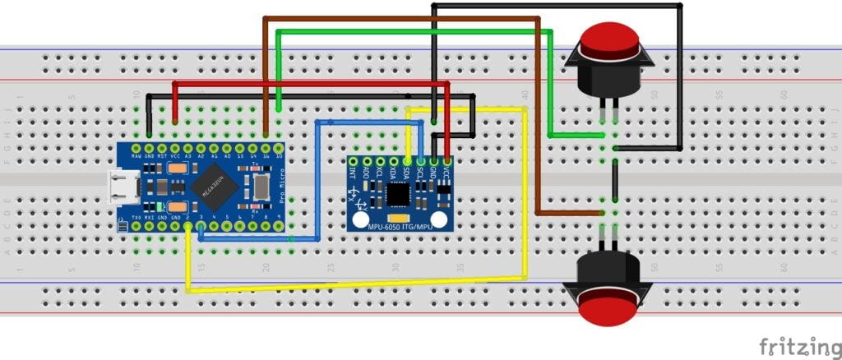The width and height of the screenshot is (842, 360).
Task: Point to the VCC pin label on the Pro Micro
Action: pyautogui.click(x=175, y=154)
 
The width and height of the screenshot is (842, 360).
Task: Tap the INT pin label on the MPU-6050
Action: pyautogui.click(x=353, y=173)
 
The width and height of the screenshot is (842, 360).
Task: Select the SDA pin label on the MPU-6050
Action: pyautogui.click(x=407, y=173)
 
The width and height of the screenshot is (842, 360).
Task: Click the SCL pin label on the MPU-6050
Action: pyautogui.click(x=420, y=173)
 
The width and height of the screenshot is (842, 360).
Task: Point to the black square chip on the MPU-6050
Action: pyautogui.click(x=399, y=193)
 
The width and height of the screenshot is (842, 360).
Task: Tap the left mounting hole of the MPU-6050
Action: pyautogui.click(x=359, y=219)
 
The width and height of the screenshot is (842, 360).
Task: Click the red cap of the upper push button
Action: pyautogui.click(x=609, y=39)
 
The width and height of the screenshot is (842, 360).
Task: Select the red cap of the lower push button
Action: pyautogui.click(x=609, y=311)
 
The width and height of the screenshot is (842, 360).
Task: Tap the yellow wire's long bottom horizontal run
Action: pyautogui.click(x=354, y=285)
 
